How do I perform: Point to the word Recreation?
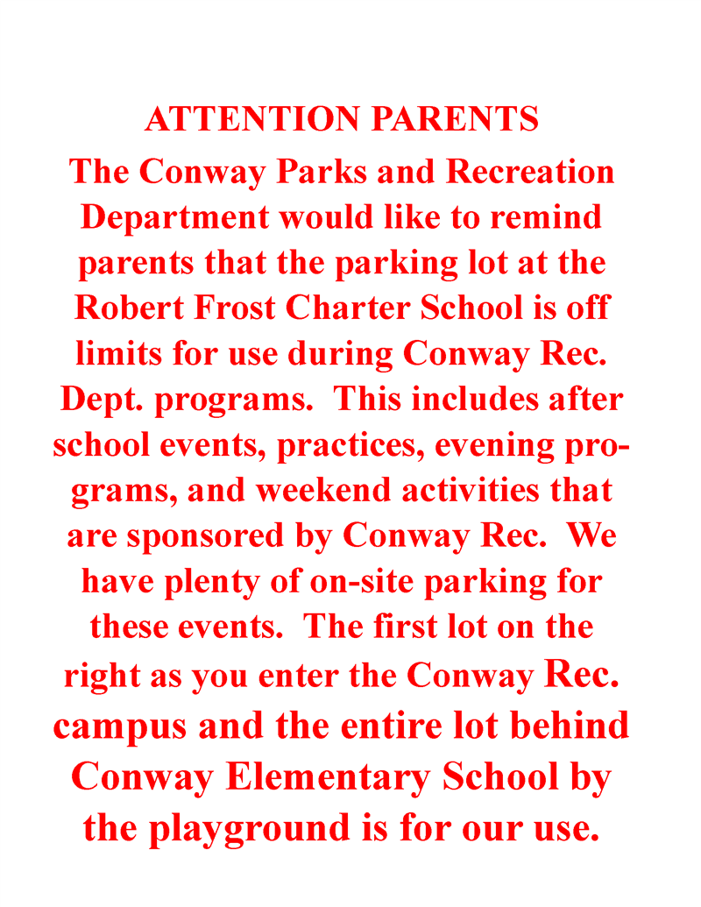530,171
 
